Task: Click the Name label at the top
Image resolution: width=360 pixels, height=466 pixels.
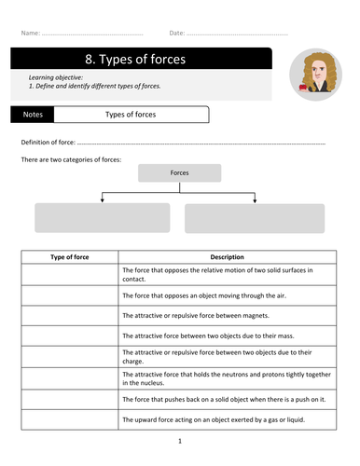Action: pyautogui.click(x=29, y=34)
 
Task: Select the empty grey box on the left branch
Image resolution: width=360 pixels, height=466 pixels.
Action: pyautogui.click(x=103, y=218)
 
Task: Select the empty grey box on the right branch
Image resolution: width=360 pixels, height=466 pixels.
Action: pyautogui.click(x=255, y=218)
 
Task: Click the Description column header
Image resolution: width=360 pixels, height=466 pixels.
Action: pyautogui.click(x=226, y=256)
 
